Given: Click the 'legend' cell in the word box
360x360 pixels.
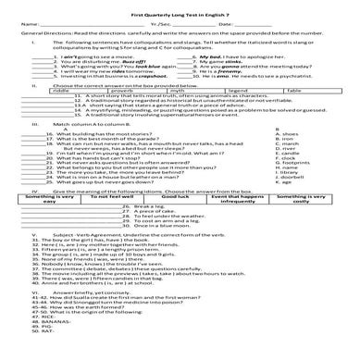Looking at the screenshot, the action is [x=243, y=91].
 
